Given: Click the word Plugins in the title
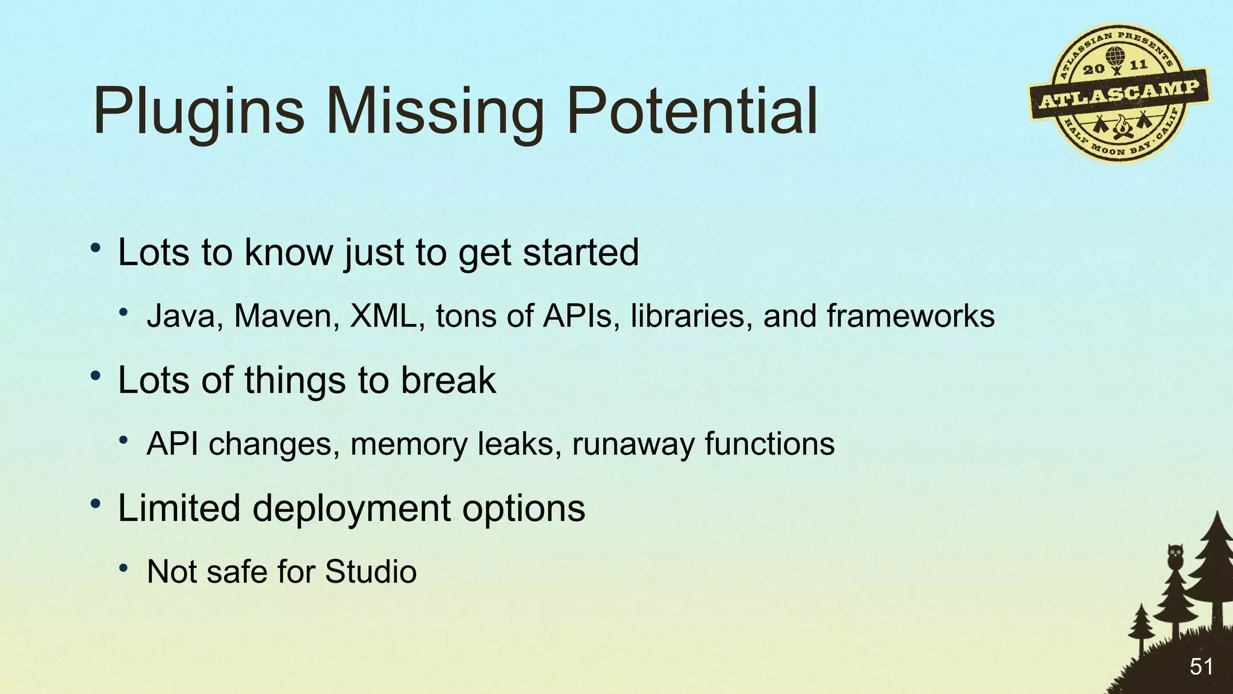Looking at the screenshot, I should [199, 112].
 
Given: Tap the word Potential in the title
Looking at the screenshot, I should [692, 111].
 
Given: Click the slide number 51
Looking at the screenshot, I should [1201, 667].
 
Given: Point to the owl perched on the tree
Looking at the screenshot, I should [1175, 555].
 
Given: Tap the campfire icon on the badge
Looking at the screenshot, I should [1121, 126].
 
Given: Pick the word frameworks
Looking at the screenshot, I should [910, 316].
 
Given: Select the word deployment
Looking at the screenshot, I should [352, 509].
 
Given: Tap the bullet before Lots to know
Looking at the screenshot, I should [95, 248].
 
